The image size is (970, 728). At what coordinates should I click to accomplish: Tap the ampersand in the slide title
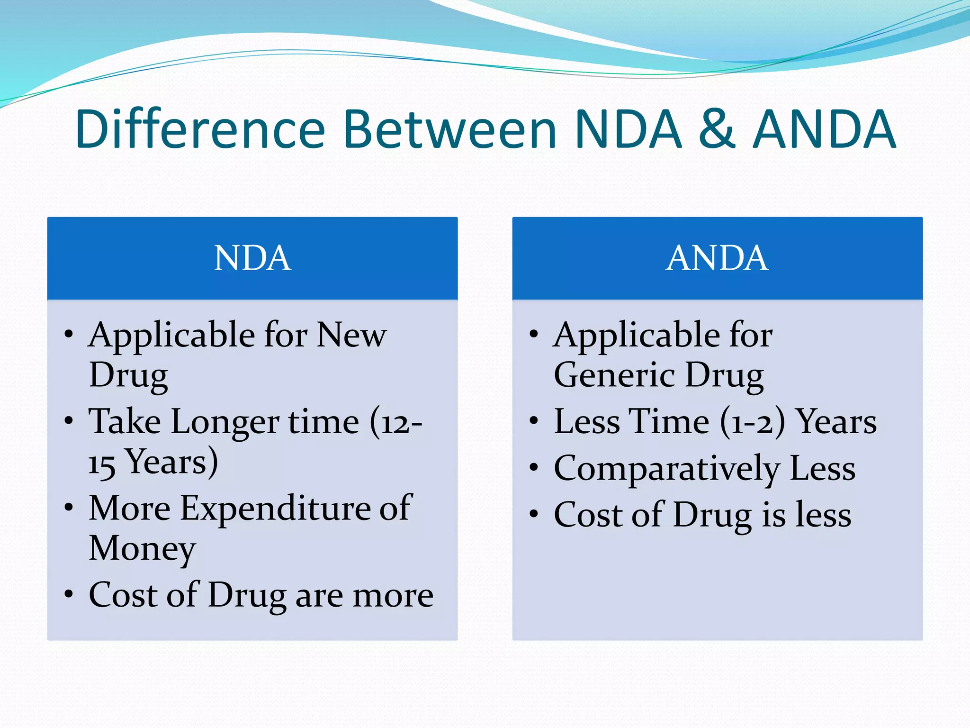pos(717,129)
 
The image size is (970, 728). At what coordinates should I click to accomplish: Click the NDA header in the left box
pos(252,258)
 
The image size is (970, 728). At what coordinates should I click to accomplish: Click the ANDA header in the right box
pos(717,258)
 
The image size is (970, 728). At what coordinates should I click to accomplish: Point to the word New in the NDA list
pos(351,335)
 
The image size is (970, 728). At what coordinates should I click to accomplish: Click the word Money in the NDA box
pos(142,549)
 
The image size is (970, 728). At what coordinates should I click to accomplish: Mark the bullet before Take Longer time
pos(69,420)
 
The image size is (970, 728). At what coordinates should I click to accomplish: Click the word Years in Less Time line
pos(836,422)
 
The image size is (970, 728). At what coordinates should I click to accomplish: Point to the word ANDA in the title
pos(824,129)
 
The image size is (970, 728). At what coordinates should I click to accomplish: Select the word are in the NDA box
pos(318,596)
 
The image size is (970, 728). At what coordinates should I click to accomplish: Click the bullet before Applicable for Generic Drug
pos(534,334)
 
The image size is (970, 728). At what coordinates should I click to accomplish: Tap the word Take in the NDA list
pos(124,422)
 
